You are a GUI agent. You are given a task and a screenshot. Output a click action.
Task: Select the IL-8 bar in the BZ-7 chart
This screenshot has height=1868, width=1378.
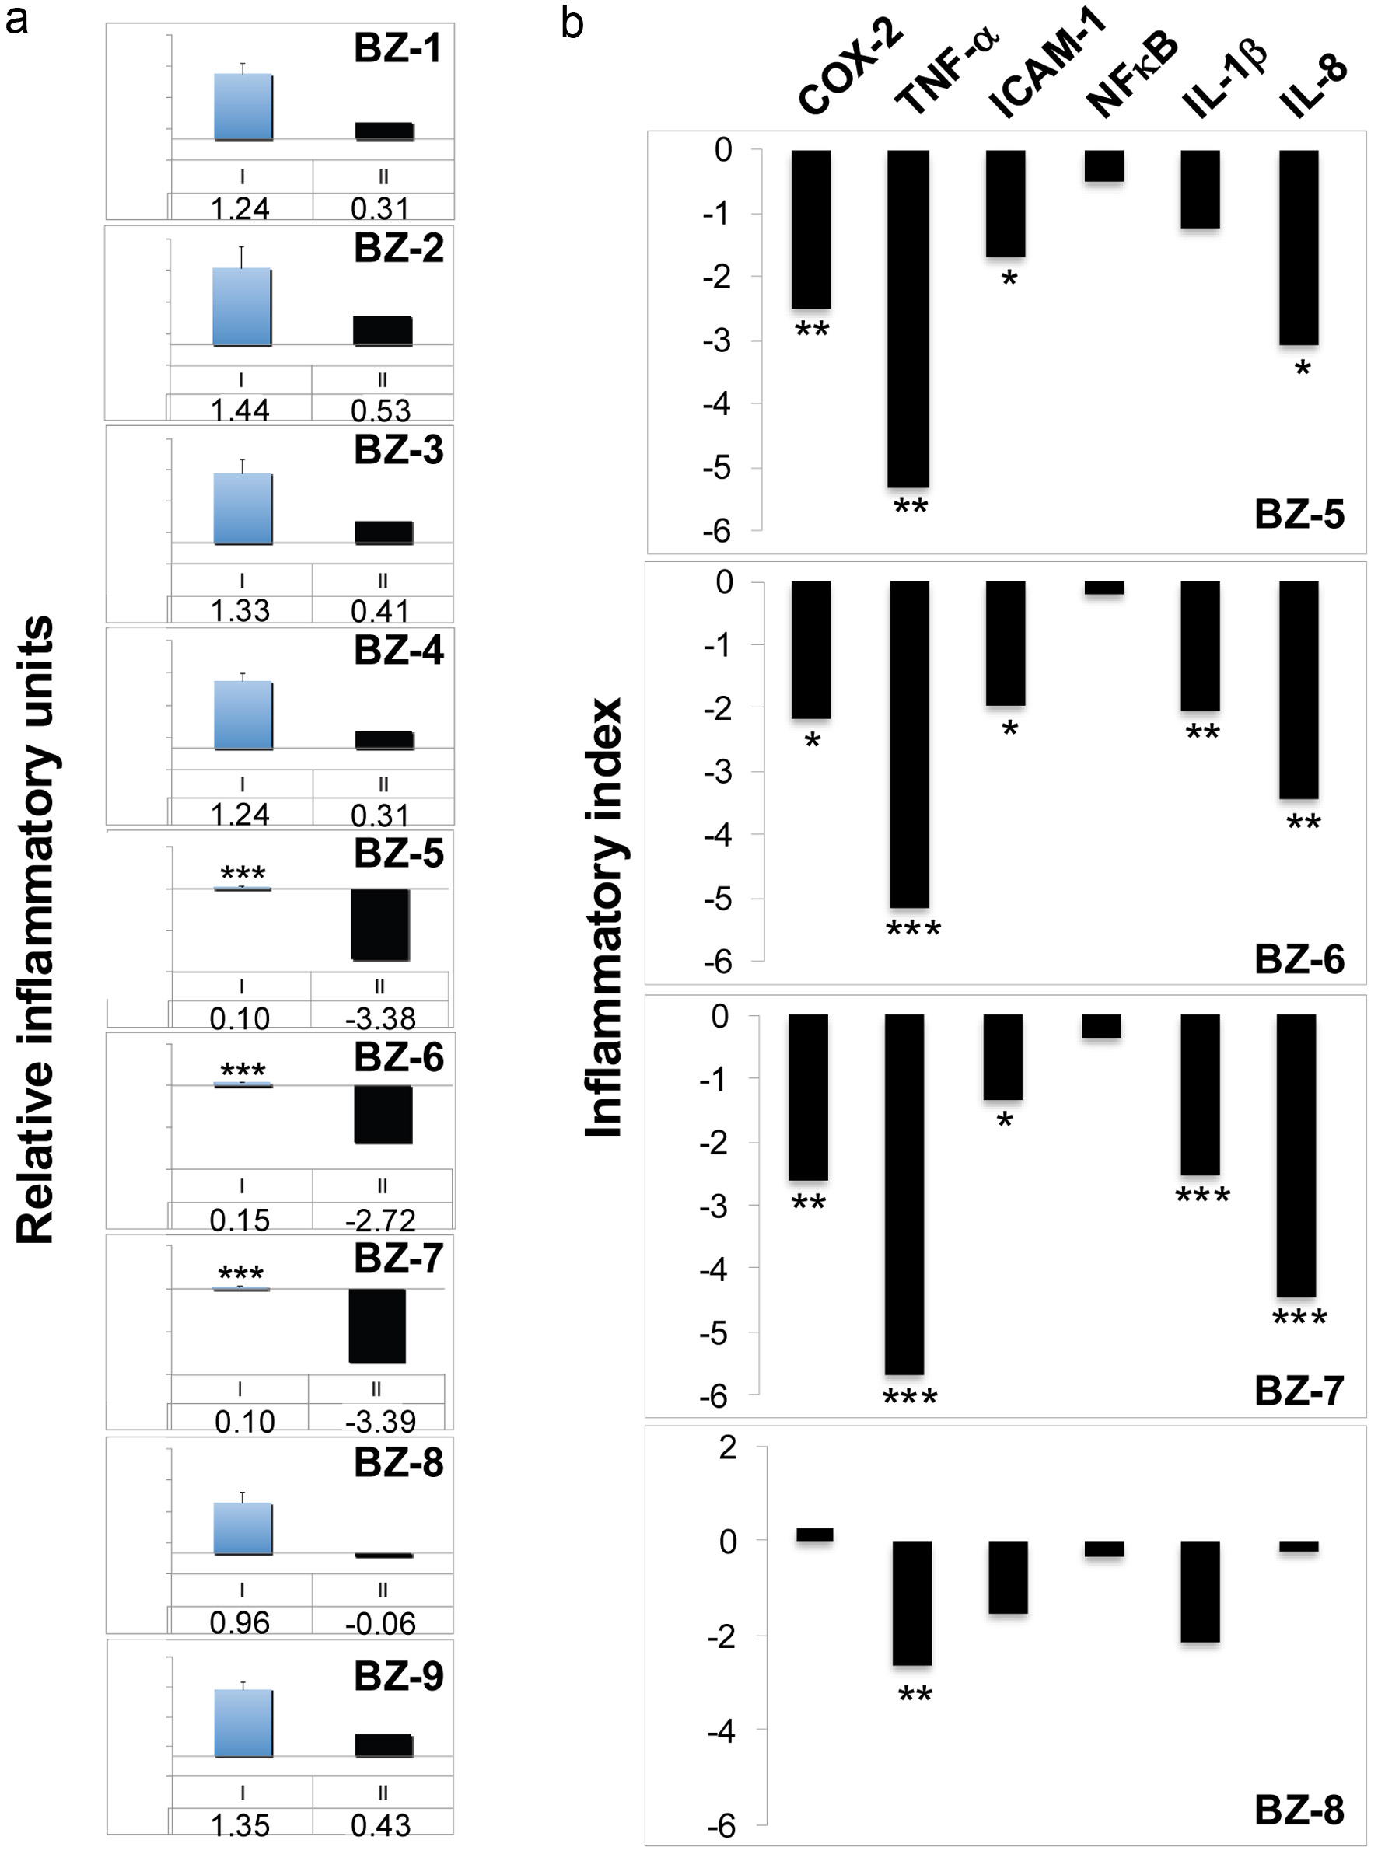pyautogui.click(x=1296, y=1155)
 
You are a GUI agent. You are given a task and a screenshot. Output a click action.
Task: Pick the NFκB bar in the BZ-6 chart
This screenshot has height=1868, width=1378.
pyautogui.click(x=1103, y=588)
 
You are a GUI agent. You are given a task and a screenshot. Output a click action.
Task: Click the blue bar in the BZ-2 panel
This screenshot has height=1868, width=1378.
pyautogui.click(x=242, y=306)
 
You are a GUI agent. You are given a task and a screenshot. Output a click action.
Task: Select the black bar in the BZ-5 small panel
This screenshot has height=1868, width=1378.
pyautogui.click(x=379, y=924)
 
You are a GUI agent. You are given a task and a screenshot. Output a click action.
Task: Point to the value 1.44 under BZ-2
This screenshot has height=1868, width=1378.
pyautogui.click(x=240, y=410)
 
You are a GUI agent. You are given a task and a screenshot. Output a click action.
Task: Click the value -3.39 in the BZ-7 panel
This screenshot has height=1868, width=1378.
pyautogui.click(x=379, y=1421)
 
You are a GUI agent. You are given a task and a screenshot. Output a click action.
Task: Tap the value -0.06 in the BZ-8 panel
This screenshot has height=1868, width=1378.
pyautogui.click(x=380, y=1624)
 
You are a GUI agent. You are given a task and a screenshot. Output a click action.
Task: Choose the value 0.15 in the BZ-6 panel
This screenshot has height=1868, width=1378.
pyautogui.click(x=240, y=1221)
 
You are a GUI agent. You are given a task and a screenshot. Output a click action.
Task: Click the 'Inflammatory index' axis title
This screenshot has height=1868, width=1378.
pyautogui.click(x=604, y=917)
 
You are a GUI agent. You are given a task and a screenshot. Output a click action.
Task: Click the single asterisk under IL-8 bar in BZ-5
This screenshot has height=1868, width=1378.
pyautogui.click(x=1302, y=368)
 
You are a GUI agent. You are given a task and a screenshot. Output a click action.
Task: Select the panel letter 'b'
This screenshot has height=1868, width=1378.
pyautogui.click(x=572, y=23)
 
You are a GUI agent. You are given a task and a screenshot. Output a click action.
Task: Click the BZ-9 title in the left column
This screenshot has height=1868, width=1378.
pyautogui.click(x=399, y=1676)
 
